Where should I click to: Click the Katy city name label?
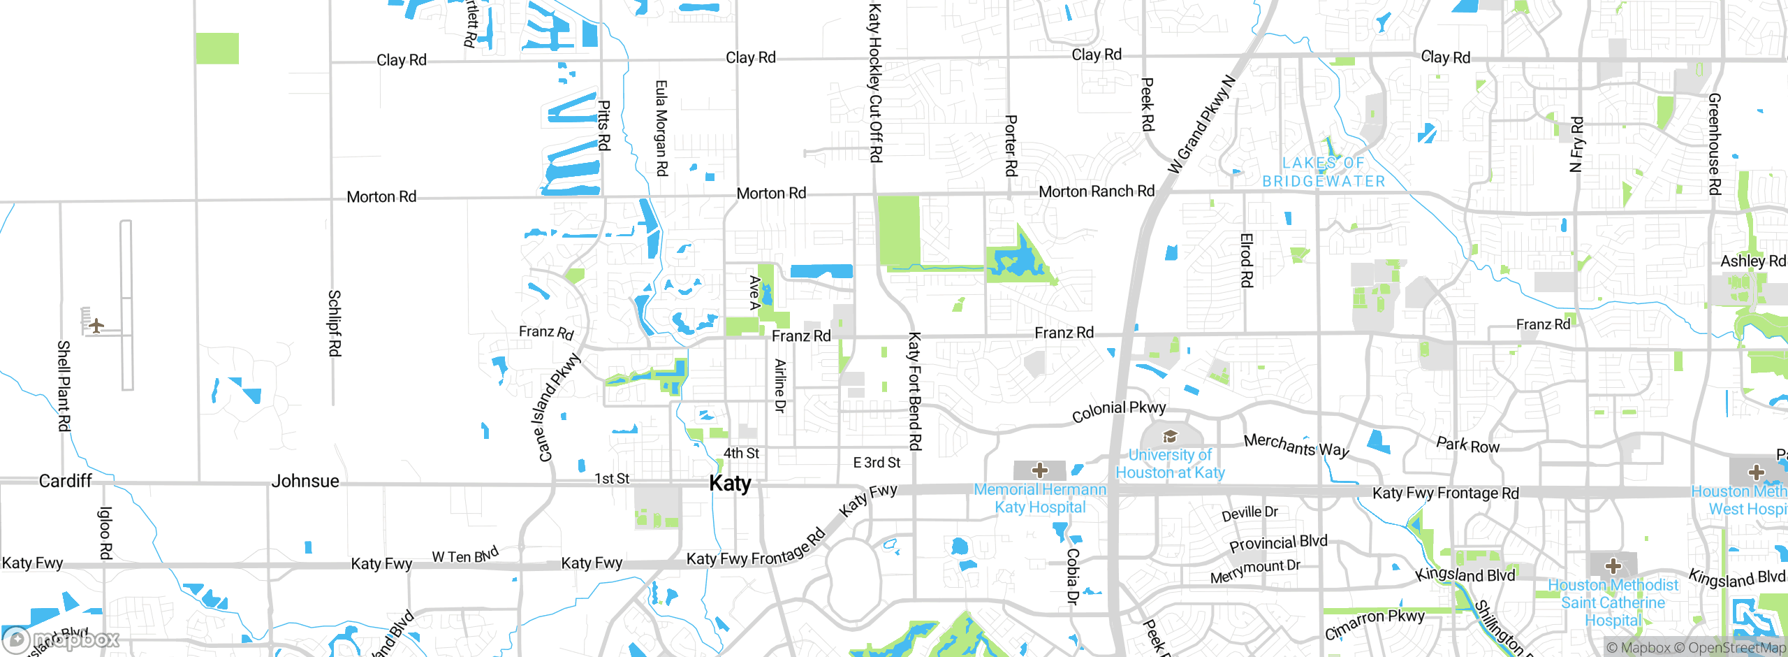tap(730, 483)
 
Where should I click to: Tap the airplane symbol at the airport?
tap(96, 326)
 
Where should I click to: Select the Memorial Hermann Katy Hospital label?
tap(1040, 498)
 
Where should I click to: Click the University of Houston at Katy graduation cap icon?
tap(1170, 438)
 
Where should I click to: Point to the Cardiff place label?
tap(65, 481)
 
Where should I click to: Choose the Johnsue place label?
tap(305, 481)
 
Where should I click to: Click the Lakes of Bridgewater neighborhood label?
tap(1323, 172)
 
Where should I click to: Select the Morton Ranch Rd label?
tap(1097, 191)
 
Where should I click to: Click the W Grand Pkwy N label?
tap(1201, 124)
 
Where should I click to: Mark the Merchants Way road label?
tap(1296, 445)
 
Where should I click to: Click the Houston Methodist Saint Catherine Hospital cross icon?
tap(1613, 565)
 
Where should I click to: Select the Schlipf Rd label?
tap(335, 323)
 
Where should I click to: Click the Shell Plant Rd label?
tap(64, 385)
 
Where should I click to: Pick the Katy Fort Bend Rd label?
tap(914, 391)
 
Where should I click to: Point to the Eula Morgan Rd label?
tap(661, 128)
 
